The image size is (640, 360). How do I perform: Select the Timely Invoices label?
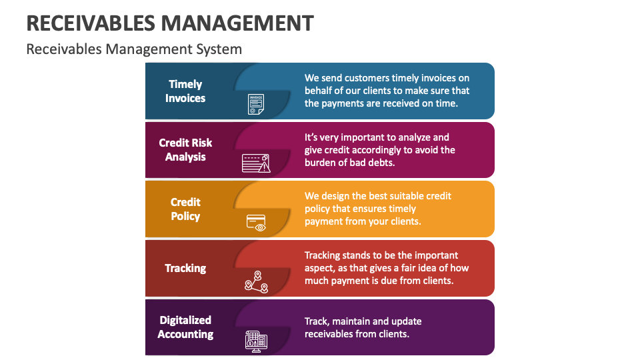click(185, 91)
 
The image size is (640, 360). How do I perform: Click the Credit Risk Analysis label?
click(185, 150)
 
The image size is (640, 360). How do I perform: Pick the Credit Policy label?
click(185, 209)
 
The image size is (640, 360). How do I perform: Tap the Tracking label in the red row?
click(185, 268)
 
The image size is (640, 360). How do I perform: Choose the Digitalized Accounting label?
click(185, 327)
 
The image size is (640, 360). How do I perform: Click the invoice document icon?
click(255, 104)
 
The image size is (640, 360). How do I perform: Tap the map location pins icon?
click(256, 282)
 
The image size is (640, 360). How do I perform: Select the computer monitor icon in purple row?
click(256, 341)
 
